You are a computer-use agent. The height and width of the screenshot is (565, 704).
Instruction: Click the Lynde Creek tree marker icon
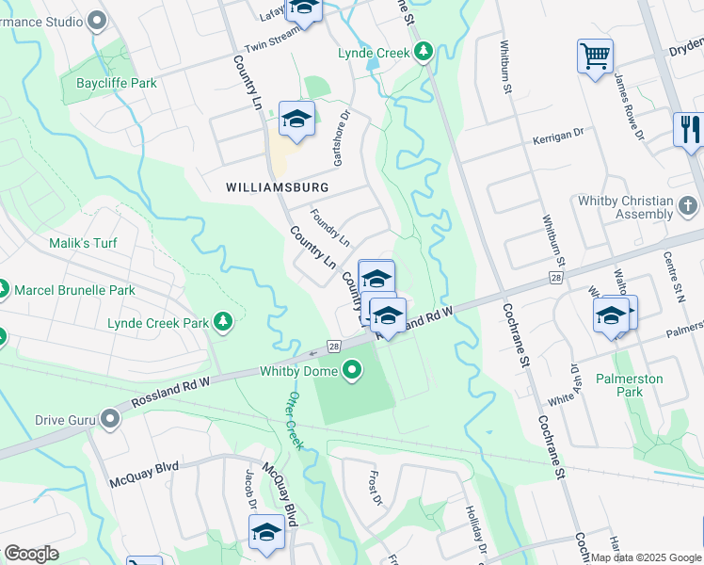coord(424,51)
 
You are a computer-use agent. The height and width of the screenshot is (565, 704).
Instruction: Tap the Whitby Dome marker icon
coord(353,370)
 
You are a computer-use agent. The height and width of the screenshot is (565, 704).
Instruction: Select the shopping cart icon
coord(595,57)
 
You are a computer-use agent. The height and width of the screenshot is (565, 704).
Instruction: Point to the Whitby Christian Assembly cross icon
coord(688,205)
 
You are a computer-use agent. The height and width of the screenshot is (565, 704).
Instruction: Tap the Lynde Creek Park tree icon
coord(223,323)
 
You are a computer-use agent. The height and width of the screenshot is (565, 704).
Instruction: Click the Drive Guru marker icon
coord(112,418)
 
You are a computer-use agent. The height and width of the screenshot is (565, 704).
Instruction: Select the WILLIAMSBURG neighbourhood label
coord(277,187)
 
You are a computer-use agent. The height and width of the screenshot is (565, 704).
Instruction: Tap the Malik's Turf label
coord(83,244)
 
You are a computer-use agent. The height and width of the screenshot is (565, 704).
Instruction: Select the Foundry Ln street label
coord(329,226)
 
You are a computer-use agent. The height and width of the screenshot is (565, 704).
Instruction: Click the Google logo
coord(31,553)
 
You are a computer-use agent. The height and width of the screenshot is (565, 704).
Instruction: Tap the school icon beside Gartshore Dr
coord(296,120)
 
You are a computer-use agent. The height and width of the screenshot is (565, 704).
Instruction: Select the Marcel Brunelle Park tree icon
coord(2,289)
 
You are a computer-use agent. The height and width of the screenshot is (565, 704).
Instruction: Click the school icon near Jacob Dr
coord(267,532)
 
